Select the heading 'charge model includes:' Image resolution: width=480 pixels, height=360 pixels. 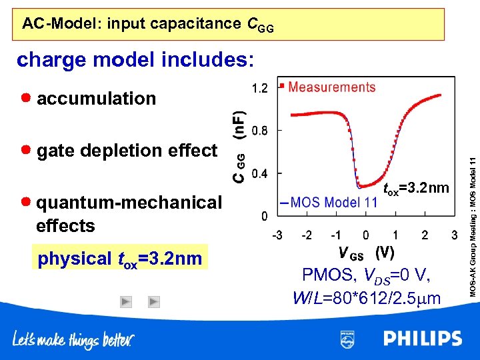click(135, 60)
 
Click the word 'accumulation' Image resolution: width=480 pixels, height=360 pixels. click(96, 99)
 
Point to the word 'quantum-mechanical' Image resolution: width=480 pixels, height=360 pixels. click(129, 203)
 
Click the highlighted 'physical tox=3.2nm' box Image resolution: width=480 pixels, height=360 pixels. click(120, 258)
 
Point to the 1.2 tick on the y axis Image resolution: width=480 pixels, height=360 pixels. click(260, 88)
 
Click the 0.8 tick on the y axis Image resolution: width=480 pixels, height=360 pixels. click(260, 131)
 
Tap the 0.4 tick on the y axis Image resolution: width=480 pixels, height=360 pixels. click(260, 173)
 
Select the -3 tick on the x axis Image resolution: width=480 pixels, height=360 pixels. click(275, 235)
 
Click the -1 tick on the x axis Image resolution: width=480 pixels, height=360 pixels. click(335, 235)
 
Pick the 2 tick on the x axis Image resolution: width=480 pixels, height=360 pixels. click(425, 235)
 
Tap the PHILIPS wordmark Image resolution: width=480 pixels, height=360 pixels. click(422, 339)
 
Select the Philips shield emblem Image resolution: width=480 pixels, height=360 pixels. click(347, 339)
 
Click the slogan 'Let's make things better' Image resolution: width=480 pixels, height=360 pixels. click(73, 339)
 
